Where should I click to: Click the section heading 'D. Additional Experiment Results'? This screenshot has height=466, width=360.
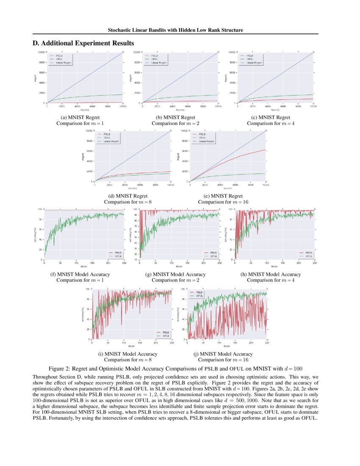pyautogui.click(x=83, y=43)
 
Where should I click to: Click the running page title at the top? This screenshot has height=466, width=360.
pyautogui.click(x=175, y=30)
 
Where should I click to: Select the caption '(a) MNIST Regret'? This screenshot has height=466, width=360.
pyautogui.click(x=80, y=117)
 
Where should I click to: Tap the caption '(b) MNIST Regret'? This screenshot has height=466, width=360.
pyautogui.click(x=175, y=117)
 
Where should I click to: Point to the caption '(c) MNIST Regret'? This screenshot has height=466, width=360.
pyautogui.click(x=271, y=117)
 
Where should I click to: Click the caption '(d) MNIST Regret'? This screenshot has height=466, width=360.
pyautogui.click(x=128, y=196)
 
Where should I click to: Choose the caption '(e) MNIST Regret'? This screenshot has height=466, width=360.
pyautogui.click(x=223, y=196)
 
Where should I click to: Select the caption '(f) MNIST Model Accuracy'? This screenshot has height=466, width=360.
pyautogui.click(x=80, y=275)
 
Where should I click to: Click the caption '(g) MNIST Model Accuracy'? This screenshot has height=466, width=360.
pyautogui.click(x=175, y=275)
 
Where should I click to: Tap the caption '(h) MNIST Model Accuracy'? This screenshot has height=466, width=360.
pyautogui.click(x=271, y=275)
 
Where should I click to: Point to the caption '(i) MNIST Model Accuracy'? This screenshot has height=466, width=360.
pyautogui.click(x=128, y=354)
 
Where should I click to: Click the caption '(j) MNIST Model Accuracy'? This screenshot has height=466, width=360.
pyautogui.click(x=223, y=354)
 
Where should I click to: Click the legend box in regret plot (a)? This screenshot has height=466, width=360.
pyautogui.click(x=60, y=59)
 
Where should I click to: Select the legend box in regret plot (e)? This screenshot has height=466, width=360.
pyautogui.click(x=203, y=138)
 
